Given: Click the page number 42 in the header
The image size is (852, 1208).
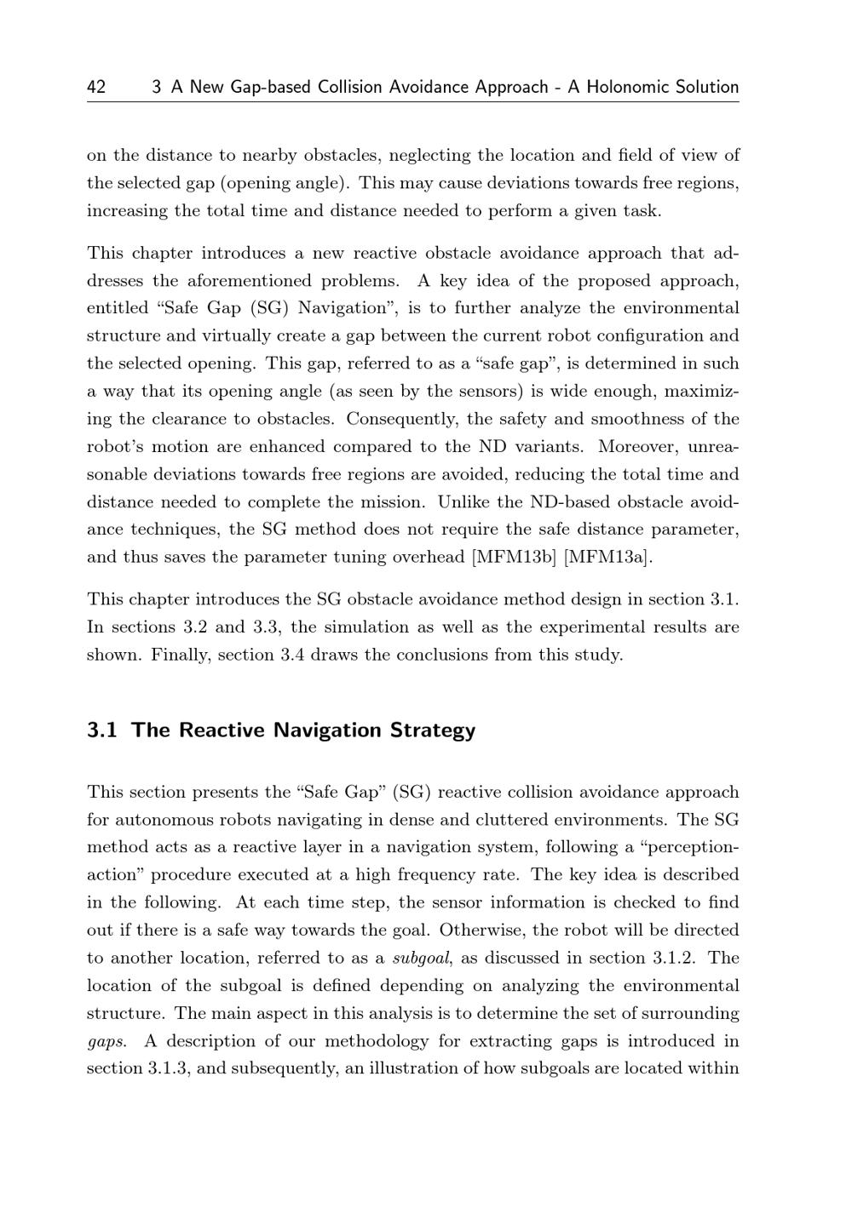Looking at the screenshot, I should [96, 87].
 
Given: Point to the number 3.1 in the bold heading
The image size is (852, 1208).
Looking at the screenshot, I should [101, 730].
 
